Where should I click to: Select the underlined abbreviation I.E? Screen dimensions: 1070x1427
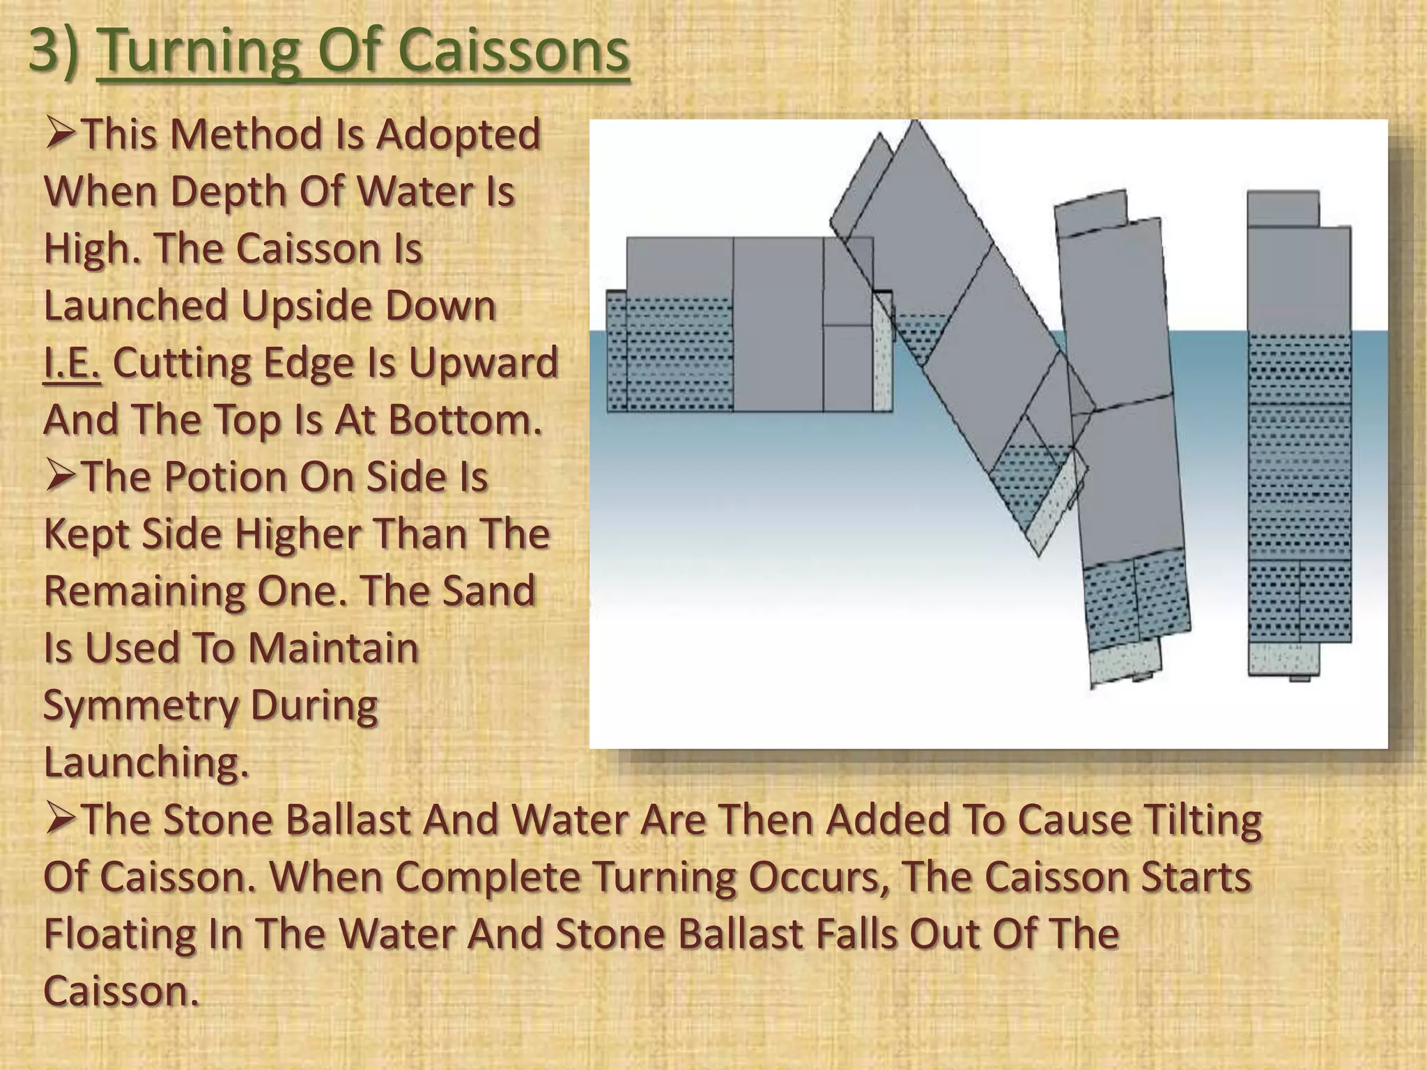pyautogui.click(x=72, y=364)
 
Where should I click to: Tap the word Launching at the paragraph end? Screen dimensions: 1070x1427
pyautogui.click(x=146, y=762)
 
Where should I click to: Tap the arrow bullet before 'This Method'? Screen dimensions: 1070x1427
pyautogui.click(x=61, y=134)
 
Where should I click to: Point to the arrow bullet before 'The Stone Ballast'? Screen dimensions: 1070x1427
pyautogui.click(x=61, y=819)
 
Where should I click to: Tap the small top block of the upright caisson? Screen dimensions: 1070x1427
pyautogui.click(x=1283, y=208)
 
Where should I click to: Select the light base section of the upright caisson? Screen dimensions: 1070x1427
pyautogui.click(x=1283, y=658)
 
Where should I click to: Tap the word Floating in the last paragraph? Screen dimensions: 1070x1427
pyautogui.click(x=119, y=935)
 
